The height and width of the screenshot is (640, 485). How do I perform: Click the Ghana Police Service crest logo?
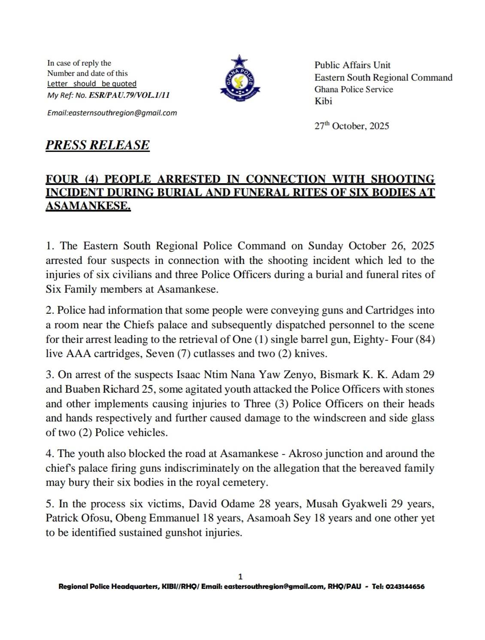[x=240, y=77]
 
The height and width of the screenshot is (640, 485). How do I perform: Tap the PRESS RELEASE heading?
[x=97, y=145]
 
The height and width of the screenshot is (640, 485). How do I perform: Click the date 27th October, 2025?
[x=352, y=126]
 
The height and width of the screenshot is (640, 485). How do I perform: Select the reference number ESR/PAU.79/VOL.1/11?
[x=128, y=95]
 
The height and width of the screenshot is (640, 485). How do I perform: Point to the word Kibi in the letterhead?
[x=323, y=101]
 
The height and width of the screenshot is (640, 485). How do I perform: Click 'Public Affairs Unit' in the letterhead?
[x=352, y=65]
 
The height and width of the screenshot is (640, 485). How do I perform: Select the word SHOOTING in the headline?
[x=402, y=179]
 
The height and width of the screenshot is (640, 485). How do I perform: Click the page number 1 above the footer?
[x=240, y=576]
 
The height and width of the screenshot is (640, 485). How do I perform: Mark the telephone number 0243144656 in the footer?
[x=405, y=587]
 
